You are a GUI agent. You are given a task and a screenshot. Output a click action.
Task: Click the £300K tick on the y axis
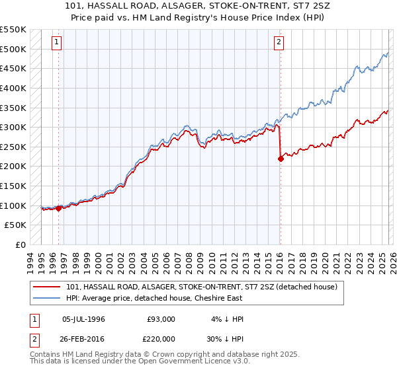point(15,127)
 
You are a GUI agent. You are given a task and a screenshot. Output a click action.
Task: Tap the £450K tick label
point(15,68)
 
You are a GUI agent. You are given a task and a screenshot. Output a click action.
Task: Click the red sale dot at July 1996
point(58,208)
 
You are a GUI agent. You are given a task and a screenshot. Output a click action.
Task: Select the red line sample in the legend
point(46,287)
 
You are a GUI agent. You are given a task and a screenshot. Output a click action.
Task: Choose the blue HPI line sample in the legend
point(46,298)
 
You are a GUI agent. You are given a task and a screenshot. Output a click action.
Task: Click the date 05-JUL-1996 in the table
point(84,319)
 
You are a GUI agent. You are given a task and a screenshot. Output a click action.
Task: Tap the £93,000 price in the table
point(161,319)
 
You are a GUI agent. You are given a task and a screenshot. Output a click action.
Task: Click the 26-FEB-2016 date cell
point(84,340)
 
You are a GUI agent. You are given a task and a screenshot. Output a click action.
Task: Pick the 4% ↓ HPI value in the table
point(227,319)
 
